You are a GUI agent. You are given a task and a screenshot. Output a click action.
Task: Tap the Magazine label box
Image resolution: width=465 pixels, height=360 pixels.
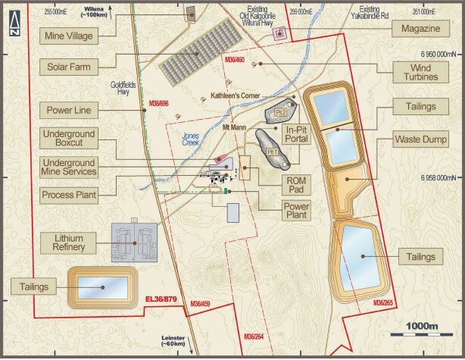[x=415, y=29]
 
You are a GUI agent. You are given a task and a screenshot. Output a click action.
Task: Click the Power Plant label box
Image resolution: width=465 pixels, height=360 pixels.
[x=296, y=211]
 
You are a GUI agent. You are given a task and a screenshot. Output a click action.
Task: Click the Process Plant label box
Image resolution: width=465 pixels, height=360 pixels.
[x=69, y=196]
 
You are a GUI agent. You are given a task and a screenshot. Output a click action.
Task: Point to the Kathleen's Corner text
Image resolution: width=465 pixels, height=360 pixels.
[x=235, y=95]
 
